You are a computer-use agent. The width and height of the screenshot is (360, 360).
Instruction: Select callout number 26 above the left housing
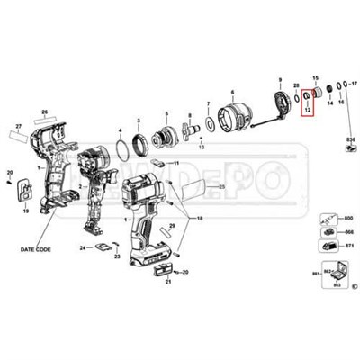tap(40, 112)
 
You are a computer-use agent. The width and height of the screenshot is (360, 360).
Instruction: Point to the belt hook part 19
tap(24, 192)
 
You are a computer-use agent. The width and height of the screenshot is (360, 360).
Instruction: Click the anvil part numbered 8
tap(281, 105)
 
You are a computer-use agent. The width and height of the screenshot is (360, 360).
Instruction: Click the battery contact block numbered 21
tap(163, 270)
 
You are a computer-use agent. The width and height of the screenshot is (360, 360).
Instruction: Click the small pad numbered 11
tap(157, 164)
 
